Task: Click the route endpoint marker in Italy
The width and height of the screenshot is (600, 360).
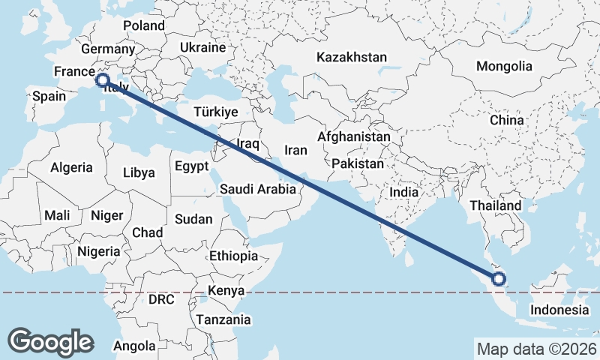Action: [x=103, y=79]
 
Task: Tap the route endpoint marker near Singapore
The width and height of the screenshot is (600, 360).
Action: [x=499, y=280]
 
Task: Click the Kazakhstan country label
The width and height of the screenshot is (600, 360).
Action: [x=352, y=57]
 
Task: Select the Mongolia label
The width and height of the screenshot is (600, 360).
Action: [x=504, y=66]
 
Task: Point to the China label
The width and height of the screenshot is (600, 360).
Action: [x=506, y=120]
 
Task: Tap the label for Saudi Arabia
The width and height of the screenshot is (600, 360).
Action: [x=258, y=190]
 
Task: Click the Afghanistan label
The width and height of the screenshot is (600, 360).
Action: [x=354, y=137]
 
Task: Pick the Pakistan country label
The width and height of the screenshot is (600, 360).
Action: [x=358, y=163]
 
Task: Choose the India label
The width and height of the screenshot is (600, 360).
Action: [x=403, y=192]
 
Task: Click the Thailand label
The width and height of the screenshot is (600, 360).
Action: [x=496, y=205]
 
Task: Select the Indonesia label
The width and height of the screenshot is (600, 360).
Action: [x=559, y=310]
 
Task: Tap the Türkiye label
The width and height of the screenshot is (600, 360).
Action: [x=215, y=112]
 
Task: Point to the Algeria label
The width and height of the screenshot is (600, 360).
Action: [x=72, y=167]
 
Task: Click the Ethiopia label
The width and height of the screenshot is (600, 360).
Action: [x=233, y=256]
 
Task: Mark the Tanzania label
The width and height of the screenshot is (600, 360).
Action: [x=223, y=319]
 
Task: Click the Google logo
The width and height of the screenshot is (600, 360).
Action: [x=50, y=341]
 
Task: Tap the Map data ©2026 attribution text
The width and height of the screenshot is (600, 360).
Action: [x=537, y=349]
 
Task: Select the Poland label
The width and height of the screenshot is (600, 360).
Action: [x=144, y=25]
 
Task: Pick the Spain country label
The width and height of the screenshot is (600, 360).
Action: [x=49, y=96]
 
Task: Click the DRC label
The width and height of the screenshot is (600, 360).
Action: [x=161, y=299]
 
